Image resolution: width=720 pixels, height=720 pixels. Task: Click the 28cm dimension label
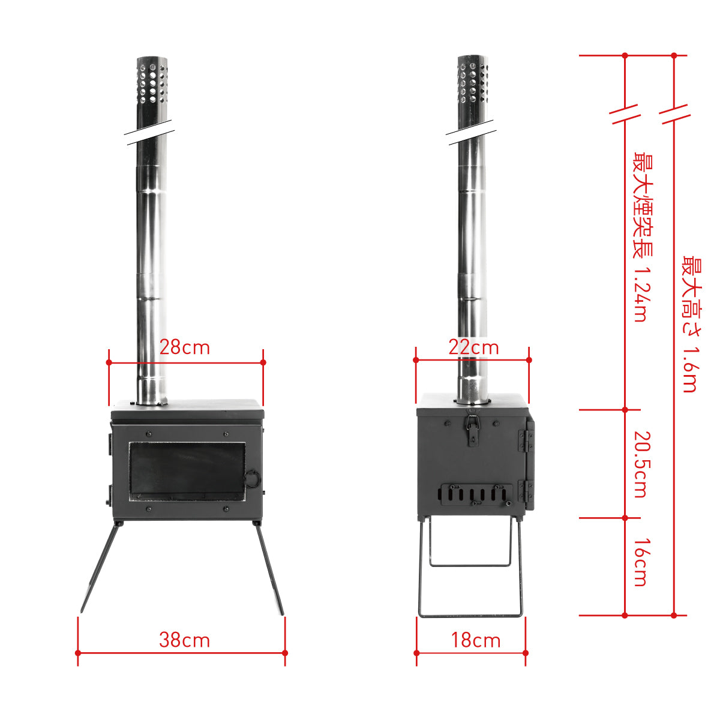pyautogui.click(x=185, y=347)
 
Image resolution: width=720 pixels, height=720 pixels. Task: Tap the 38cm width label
pyautogui.click(x=185, y=640)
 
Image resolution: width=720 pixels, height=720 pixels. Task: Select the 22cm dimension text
pyautogui.click(x=473, y=347)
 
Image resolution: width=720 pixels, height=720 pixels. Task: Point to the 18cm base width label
pyautogui.click(x=476, y=640)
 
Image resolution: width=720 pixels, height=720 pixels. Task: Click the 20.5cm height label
pyautogui.click(x=641, y=464)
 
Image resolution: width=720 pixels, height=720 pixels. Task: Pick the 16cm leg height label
pyautogui.click(x=641, y=562)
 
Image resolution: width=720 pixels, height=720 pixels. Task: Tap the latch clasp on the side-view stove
pyautogui.click(x=473, y=430)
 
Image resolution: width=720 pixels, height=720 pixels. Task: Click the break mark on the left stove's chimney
pyautogui.click(x=150, y=133)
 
